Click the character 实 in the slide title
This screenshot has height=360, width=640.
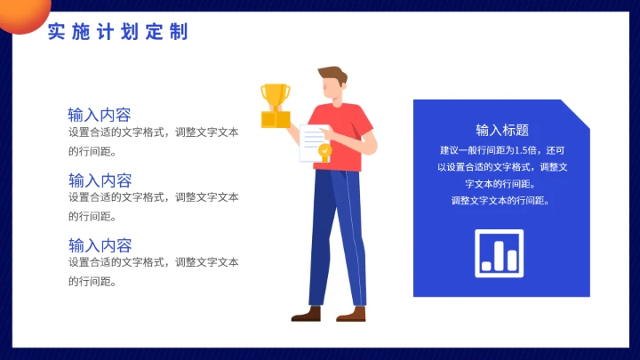pyautogui.click(x=56, y=33)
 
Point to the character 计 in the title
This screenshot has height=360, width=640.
pyautogui.click(x=105, y=33)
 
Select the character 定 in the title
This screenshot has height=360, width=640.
pyautogui.click(x=154, y=33)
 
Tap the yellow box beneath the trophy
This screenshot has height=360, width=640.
pyautogui.click(x=276, y=118)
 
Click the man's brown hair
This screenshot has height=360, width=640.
pyautogui.click(x=332, y=74)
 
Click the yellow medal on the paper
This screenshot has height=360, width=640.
pyautogui.click(x=325, y=152)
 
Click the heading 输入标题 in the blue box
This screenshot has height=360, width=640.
pyautogui.click(x=502, y=130)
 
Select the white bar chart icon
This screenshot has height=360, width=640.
pyautogui.click(x=500, y=251)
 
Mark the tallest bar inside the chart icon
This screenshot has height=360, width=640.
pyautogui.click(x=500, y=253)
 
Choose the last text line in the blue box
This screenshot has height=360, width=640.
pyautogui.click(x=500, y=200)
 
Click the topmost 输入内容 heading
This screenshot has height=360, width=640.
pyautogui.click(x=100, y=115)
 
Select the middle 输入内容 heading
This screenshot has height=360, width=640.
pyautogui.click(x=100, y=180)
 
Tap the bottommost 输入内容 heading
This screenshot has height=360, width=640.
pyautogui.click(x=100, y=244)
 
